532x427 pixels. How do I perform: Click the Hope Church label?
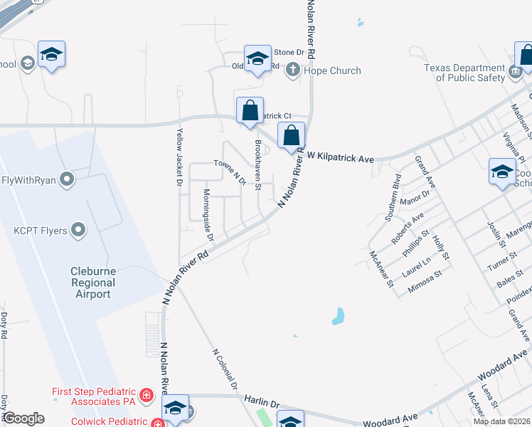[x=332, y=70]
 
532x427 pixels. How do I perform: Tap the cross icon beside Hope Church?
[x=292, y=70]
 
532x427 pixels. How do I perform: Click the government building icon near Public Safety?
[x=516, y=72]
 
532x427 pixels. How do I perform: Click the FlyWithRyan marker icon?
[x=68, y=179]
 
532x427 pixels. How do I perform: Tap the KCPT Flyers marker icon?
[x=79, y=230]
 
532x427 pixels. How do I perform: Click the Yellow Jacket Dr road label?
[x=180, y=157]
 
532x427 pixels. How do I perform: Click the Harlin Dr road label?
[x=260, y=404]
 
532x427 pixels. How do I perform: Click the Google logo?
[x=23, y=418]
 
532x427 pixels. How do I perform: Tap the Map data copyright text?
[x=501, y=421]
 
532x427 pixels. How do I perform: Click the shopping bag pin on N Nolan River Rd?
[x=292, y=135]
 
